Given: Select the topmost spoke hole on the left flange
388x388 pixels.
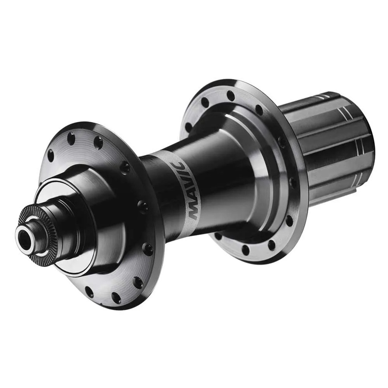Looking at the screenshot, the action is click(71, 137).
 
